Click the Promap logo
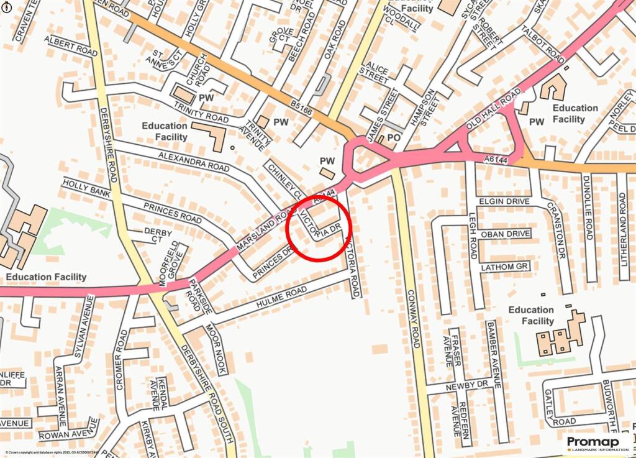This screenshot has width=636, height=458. tap(596, 444)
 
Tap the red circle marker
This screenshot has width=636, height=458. tap(319, 228)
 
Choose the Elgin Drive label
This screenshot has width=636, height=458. tap(504, 201)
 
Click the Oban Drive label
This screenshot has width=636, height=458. tap(504, 234)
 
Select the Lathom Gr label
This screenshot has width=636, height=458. tap(504, 267)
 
